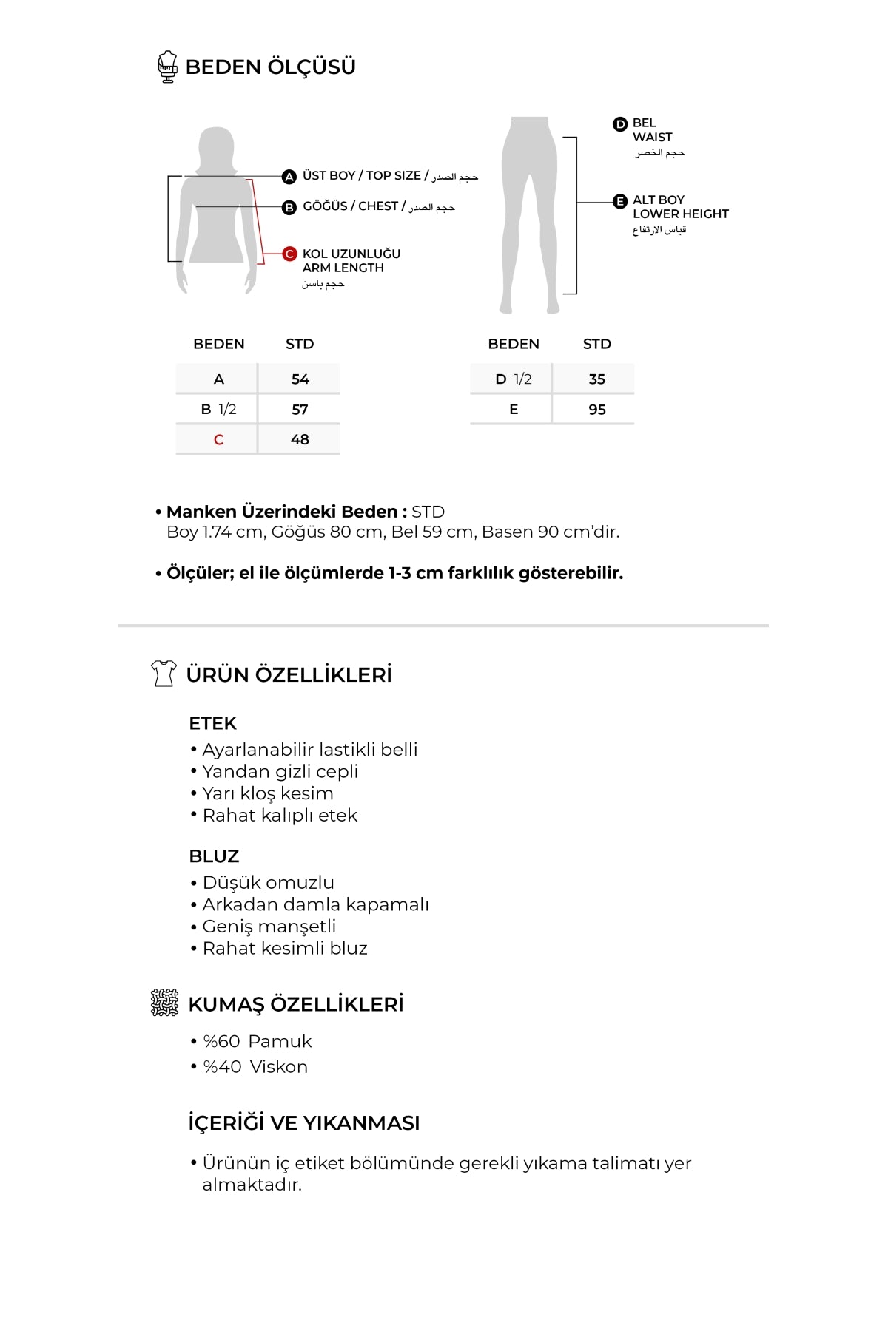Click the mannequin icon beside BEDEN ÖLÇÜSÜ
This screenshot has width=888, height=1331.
[x=168, y=67]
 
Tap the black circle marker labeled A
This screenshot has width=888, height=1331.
[x=289, y=177]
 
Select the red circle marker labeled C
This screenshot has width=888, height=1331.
[x=289, y=254]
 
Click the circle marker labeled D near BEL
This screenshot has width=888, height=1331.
[x=620, y=124]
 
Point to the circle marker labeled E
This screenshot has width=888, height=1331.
[x=620, y=201]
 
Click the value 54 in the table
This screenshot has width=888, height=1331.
[x=300, y=379]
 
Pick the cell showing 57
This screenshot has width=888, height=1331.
[x=300, y=410]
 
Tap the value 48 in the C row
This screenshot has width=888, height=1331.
[x=300, y=440]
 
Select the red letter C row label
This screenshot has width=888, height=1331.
[x=218, y=440]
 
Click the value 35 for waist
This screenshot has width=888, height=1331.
[x=596, y=379]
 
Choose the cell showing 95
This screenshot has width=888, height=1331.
[x=596, y=410]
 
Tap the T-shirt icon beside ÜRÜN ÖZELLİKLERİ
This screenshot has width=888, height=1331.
[x=164, y=674]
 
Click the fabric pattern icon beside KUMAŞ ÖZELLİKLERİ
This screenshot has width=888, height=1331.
[x=164, y=1003]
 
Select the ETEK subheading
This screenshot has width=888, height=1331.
[x=212, y=723]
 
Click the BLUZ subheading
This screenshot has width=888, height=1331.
[x=214, y=856]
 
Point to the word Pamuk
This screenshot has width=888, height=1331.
[x=280, y=1041]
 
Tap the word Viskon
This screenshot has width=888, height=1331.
[x=278, y=1067]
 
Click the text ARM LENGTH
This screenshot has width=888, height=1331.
[x=343, y=268]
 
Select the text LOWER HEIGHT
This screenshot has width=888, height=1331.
[x=680, y=214]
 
